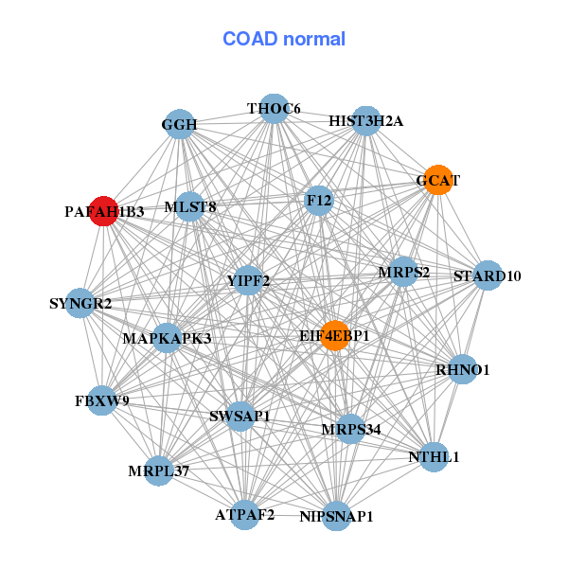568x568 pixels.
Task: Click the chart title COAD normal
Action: pos(284,39)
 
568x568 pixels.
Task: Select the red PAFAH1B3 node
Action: pos(104,211)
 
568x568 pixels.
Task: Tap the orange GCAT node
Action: pos(438,180)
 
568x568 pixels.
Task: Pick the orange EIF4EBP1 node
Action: pos(335,335)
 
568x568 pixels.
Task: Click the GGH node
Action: pos(180,124)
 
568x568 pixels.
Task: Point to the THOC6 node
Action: pos(274,109)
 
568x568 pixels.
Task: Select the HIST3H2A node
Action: pos(366,121)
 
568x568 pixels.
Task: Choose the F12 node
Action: pos(319,201)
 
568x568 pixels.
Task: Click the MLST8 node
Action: pos(190,206)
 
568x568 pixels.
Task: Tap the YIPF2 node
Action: pos(248,280)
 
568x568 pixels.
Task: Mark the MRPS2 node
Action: pos(403,272)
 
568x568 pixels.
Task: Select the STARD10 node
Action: pos(488,275)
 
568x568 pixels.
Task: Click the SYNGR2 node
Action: pos(80,303)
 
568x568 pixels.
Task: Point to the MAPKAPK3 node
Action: pos(167,338)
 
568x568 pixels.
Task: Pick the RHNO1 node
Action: pos(463,369)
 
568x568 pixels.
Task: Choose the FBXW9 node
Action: pos(102,400)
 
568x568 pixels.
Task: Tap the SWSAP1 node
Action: pos(240,417)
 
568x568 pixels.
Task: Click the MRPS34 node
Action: pos(350,429)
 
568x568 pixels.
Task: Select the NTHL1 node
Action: pos(434,457)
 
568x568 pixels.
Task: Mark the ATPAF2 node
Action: pos(245,515)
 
